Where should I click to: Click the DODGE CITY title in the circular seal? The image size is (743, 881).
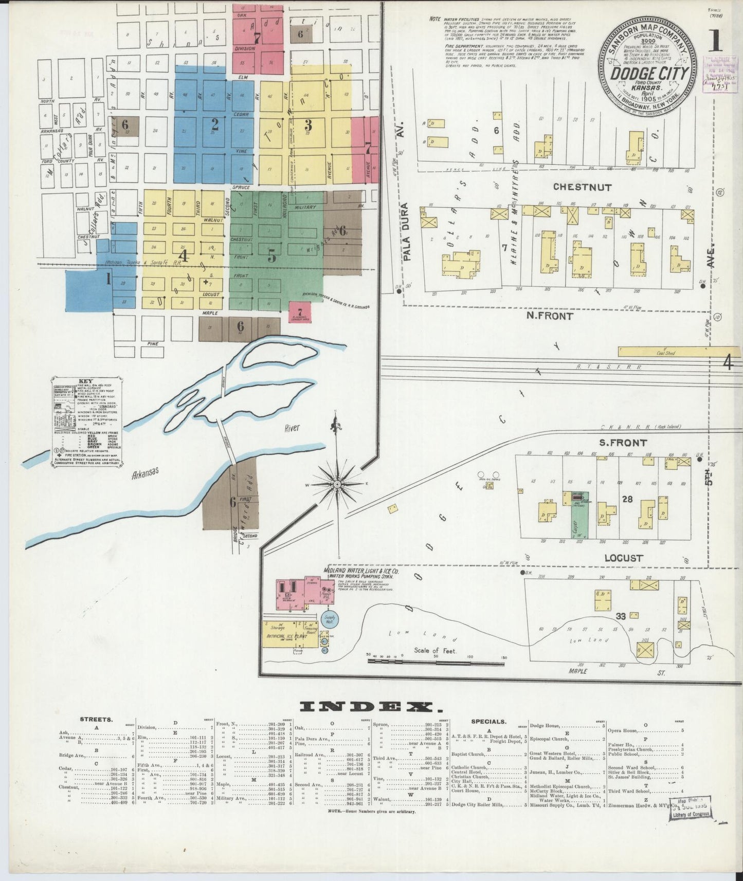point(649,74)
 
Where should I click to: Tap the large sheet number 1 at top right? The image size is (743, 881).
point(715,42)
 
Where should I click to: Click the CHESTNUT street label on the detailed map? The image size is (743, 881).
point(582,188)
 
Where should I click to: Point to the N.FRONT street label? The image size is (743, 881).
point(549,316)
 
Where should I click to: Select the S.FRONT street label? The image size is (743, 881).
point(623,443)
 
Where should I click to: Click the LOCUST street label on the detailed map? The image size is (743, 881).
point(623,558)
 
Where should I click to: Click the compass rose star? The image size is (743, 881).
point(337,483)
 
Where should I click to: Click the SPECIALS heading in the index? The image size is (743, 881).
point(488,722)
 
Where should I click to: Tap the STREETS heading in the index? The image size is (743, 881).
point(96,720)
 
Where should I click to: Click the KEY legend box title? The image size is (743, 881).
point(85,382)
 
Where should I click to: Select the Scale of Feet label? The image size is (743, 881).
point(436,650)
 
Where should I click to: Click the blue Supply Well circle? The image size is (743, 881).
point(330,619)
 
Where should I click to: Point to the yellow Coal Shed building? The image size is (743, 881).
point(666,353)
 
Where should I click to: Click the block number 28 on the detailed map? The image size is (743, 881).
point(627,500)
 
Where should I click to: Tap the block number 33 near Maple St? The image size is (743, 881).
point(621,616)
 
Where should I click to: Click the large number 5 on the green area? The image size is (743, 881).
point(271,255)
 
